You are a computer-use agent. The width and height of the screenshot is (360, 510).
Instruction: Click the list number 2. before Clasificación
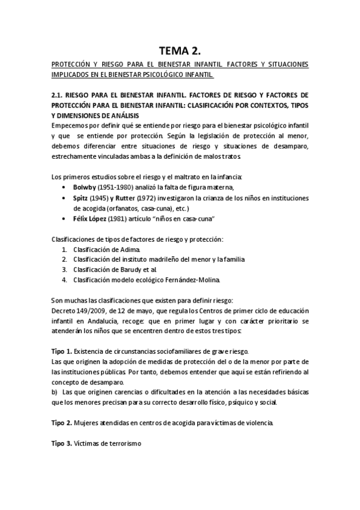click(x=64, y=259)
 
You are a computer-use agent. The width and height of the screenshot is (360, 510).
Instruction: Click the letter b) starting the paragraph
click(x=55, y=392)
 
